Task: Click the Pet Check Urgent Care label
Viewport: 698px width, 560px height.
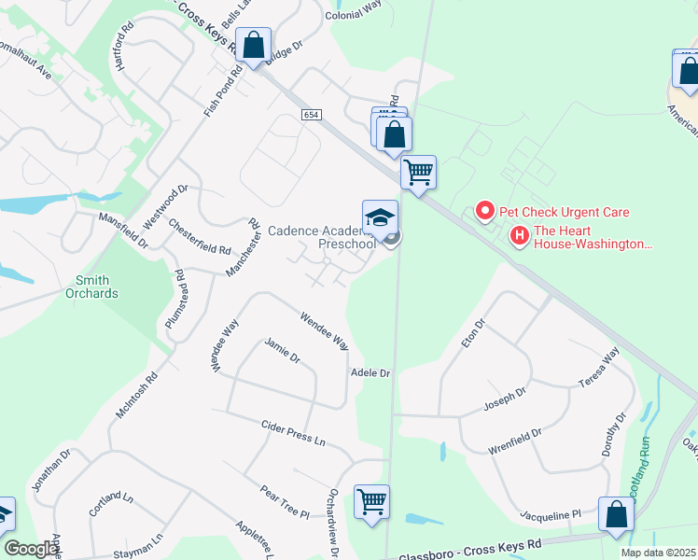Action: point(565,212)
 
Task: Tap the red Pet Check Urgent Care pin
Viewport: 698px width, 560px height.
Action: point(484,212)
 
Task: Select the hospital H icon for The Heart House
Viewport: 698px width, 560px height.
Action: point(520,237)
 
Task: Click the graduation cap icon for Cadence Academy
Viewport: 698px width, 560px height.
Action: point(380,218)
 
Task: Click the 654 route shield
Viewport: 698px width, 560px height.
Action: point(312,114)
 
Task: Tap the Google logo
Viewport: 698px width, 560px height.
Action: point(31,550)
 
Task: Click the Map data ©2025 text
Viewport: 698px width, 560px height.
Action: point(658,553)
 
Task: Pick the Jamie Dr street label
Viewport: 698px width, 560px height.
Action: point(282,352)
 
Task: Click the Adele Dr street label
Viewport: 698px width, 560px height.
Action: point(370,372)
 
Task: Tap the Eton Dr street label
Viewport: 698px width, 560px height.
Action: point(474,334)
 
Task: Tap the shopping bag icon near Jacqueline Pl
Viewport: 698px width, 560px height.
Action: point(616,514)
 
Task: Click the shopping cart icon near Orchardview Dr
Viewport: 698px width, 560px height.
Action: point(371,502)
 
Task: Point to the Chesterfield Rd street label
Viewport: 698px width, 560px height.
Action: point(200,237)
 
